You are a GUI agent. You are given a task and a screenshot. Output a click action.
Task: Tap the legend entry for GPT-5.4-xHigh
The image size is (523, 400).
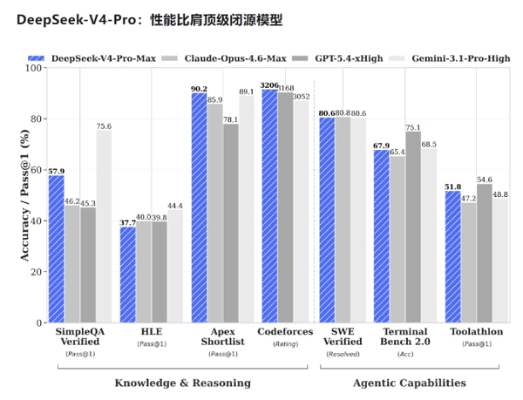click(x=333, y=58)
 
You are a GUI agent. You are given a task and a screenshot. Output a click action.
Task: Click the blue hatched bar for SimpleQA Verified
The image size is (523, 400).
click(x=57, y=248)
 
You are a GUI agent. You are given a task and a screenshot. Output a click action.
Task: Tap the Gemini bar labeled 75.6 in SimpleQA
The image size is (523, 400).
click(x=104, y=227)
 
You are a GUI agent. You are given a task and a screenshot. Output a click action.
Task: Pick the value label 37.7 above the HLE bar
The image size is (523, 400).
click(x=128, y=222)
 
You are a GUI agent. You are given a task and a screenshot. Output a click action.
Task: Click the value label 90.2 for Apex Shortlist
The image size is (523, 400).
click(x=199, y=89)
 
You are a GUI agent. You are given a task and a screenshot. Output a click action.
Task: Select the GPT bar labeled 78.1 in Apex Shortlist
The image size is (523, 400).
click(x=231, y=223)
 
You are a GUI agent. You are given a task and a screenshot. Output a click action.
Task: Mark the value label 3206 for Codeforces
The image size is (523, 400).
click(x=269, y=85)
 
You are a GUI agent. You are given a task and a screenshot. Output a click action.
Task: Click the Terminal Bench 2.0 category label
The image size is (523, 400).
click(x=405, y=337)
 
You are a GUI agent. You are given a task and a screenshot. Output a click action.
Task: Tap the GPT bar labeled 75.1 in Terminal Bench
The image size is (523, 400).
click(x=412, y=227)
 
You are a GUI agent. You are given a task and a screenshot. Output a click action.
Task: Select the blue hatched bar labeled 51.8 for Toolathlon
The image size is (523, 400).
click(x=453, y=256)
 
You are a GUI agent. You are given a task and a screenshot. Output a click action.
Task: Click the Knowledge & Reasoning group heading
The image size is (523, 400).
click(x=182, y=383)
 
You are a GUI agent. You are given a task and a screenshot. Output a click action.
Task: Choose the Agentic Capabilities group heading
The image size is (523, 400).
click(x=409, y=383)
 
